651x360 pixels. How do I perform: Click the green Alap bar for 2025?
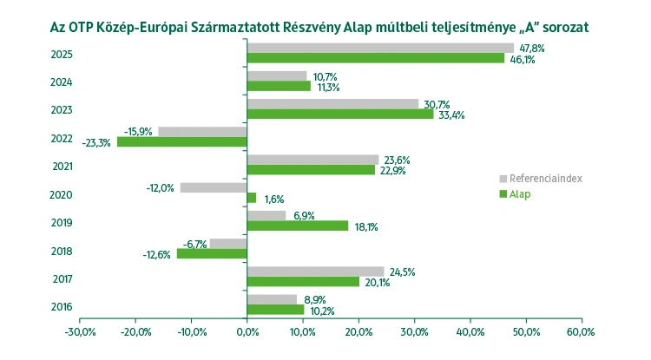(x=375, y=58)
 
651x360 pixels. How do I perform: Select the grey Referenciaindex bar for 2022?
(x=202, y=132)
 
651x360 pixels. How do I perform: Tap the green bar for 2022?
(x=182, y=142)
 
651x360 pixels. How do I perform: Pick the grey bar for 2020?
(x=214, y=187)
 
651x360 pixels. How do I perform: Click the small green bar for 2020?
(x=252, y=198)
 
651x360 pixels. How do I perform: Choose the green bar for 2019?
(x=298, y=226)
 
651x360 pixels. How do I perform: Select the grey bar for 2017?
(x=315, y=272)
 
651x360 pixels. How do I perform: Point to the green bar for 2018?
(x=212, y=254)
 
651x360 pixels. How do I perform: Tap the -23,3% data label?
(x=96, y=143)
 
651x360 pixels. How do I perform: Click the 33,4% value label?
(x=450, y=115)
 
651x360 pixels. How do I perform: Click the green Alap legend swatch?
(x=503, y=194)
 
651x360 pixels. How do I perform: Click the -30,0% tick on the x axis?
(x=79, y=332)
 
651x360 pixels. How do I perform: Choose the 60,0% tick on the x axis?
(x=582, y=332)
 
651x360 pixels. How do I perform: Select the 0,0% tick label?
(x=247, y=332)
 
